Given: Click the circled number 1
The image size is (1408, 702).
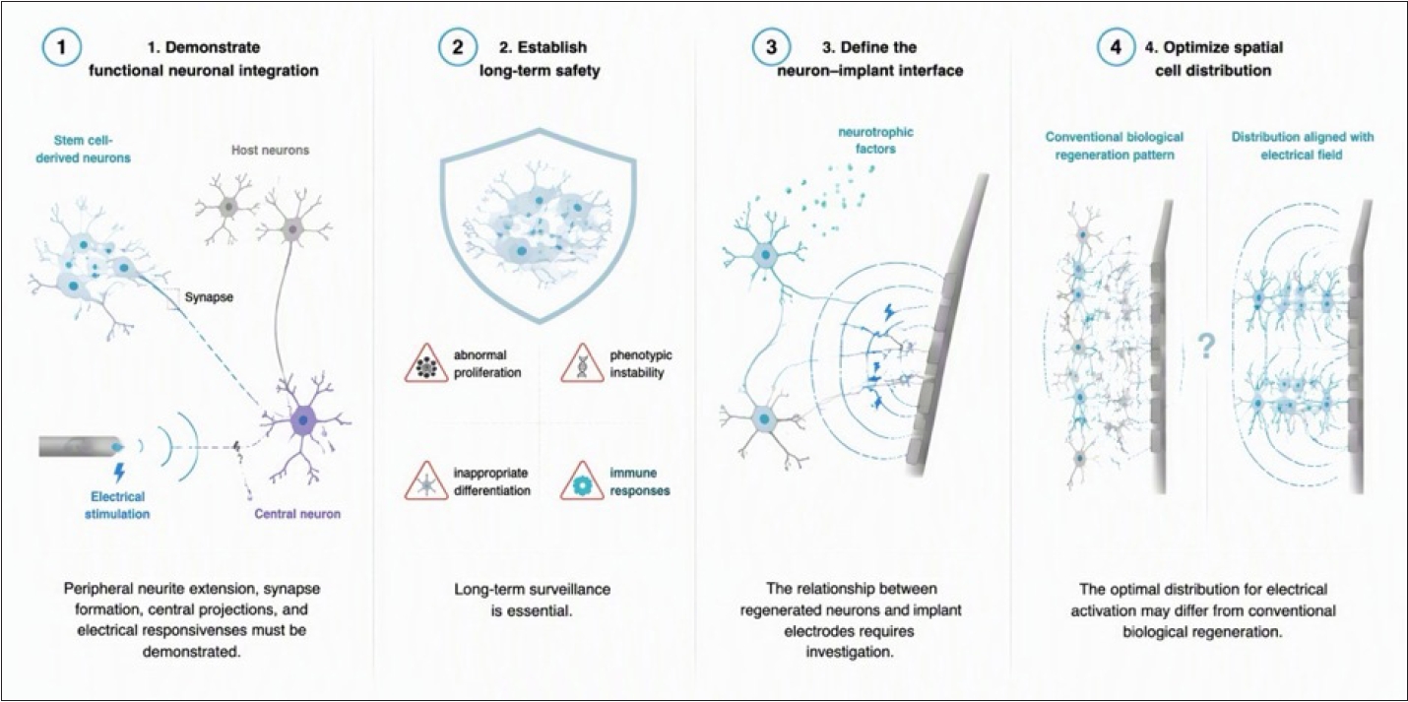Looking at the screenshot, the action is pyautogui.click(x=61, y=47).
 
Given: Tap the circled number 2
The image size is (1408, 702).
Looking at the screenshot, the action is pyautogui.click(x=457, y=47).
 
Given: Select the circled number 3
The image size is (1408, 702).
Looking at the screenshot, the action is pyautogui.click(x=771, y=47).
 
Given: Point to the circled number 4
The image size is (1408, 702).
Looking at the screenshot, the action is pyautogui.click(x=1116, y=47).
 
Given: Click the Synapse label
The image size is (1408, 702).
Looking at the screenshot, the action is pyautogui.click(x=209, y=297).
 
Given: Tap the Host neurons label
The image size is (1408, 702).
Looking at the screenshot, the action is pyautogui.click(x=271, y=151).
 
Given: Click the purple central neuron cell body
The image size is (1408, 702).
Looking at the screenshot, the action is pyautogui.click(x=304, y=420).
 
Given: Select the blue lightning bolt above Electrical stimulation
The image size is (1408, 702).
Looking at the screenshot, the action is pyautogui.click(x=119, y=473).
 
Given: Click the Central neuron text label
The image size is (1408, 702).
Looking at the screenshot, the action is pyautogui.click(x=297, y=514).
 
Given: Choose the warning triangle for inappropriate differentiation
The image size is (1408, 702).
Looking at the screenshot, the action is pyautogui.click(x=426, y=482).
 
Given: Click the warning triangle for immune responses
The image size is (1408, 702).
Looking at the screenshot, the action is pyautogui.click(x=583, y=482).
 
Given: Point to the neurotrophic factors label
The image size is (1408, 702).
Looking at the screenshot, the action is pyautogui.click(x=875, y=140).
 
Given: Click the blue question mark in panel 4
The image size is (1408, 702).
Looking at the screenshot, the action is pyautogui.click(x=1205, y=346).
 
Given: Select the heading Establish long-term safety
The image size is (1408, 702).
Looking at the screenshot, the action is pyautogui.click(x=540, y=58).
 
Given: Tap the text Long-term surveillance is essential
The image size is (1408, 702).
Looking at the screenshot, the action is pyautogui.click(x=532, y=600).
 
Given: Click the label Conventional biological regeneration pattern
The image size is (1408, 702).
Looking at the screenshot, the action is pyautogui.click(x=1115, y=146).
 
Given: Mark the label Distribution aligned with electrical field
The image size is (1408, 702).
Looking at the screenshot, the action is pyautogui.click(x=1303, y=146).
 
